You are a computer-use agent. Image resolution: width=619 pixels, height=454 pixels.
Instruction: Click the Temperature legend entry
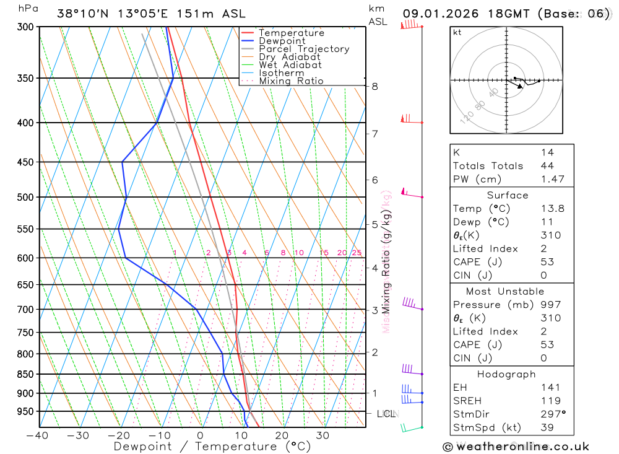click(291, 33)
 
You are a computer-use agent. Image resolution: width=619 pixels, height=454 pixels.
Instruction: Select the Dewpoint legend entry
click(282, 41)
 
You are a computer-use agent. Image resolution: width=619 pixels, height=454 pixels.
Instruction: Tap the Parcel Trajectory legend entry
click(304, 49)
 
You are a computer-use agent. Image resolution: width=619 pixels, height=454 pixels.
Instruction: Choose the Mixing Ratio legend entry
click(291, 81)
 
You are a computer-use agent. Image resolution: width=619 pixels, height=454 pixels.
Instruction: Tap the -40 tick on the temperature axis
click(38, 435)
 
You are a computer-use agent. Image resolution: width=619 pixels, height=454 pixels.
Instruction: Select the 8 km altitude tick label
click(374, 86)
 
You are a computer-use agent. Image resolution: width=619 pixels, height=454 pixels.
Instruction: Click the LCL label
click(387, 413)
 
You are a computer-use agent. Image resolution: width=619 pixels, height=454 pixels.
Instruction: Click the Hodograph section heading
click(506, 374)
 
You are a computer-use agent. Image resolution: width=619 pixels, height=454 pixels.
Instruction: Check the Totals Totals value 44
click(547, 165)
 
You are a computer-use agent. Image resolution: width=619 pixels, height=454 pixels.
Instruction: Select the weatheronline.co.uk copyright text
click(516, 446)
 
